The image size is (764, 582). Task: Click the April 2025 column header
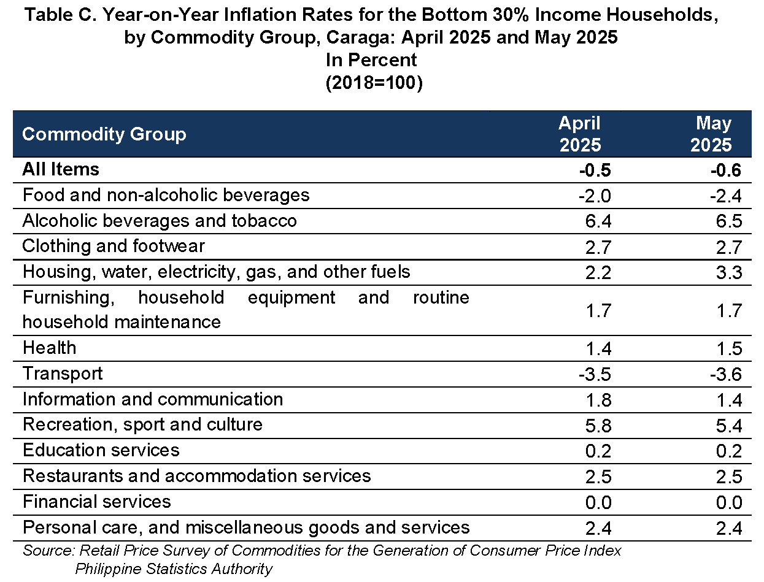point(580,134)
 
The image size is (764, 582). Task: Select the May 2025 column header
point(711,134)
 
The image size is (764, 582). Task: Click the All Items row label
point(61,169)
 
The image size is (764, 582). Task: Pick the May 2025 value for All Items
point(726,170)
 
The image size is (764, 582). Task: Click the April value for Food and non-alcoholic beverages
point(595,196)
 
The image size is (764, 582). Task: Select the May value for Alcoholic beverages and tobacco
point(729,221)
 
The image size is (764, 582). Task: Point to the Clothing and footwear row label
point(114,246)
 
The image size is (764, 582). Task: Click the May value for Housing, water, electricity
point(729,273)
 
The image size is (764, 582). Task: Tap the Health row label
point(50,348)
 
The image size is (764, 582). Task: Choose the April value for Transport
point(595,375)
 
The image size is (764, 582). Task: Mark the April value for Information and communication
point(598,400)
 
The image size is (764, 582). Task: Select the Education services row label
point(101,450)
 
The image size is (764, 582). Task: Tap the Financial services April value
point(598,503)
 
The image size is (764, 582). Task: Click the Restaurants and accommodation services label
point(197,476)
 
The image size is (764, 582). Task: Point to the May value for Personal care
point(729,529)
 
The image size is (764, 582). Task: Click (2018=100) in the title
point(374,83)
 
